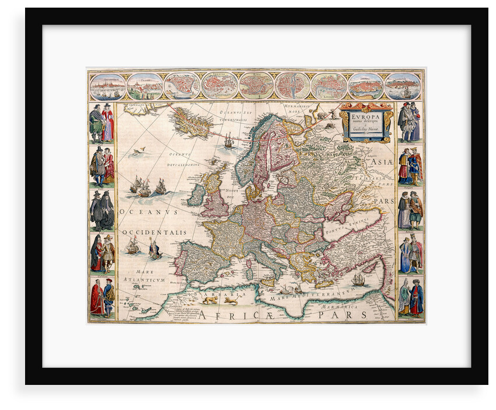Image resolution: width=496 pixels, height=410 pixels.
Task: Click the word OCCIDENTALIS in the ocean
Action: pos(155,232)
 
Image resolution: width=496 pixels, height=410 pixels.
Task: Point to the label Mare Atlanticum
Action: pos(145,276)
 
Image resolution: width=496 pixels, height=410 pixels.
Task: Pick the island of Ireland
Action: pos(196,195)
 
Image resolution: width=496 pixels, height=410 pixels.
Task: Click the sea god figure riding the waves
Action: pos(154,251)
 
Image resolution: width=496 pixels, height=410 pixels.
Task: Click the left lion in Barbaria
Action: pos(209,300)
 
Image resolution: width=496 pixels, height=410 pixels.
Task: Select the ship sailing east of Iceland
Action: pos(229,140)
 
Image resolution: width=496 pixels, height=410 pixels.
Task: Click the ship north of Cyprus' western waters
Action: pos(358,280)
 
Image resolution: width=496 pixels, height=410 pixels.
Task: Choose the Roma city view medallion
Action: pos(256,85)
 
